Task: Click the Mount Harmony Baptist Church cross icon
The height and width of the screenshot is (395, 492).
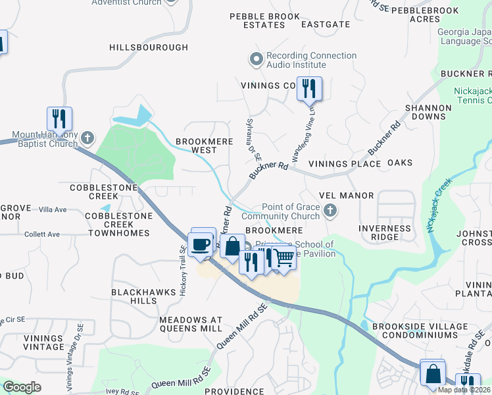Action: [88, 139]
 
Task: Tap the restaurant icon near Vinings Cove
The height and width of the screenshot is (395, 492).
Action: [308, 88]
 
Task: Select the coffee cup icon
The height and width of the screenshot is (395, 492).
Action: [201, 244]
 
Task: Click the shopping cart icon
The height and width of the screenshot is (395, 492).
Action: [283, 257]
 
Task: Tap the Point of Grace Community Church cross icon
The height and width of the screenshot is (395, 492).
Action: [331, 211]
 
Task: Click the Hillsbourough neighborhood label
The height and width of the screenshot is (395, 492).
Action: [149, 47]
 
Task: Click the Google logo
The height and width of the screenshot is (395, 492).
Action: [22, 387]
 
